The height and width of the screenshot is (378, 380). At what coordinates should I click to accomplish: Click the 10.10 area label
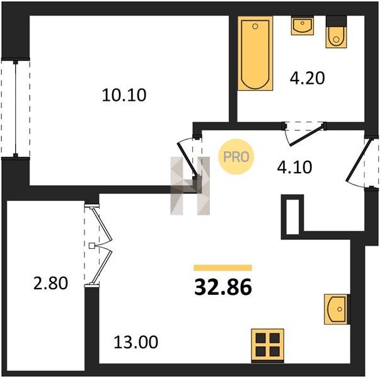pos(124,95)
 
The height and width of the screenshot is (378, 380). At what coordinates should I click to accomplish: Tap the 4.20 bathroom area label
pos(308,78)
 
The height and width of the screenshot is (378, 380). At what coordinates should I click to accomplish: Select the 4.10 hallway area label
pos(294,167)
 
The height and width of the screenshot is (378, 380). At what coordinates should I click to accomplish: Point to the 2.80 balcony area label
pos(50,283)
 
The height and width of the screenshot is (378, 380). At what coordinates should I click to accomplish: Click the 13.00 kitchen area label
pos(136,342)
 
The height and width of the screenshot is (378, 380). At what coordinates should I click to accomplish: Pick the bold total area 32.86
pos(223,287)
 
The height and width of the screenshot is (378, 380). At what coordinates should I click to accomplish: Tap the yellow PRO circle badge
pos(236,157)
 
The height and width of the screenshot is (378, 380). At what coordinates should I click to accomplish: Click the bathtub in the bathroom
pos(255,54)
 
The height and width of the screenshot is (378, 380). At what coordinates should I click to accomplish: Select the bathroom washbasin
pos(302,25)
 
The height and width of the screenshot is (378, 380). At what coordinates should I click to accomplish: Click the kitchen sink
pos(337,309)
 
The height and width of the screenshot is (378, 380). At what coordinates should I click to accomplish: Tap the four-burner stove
pos(268,345)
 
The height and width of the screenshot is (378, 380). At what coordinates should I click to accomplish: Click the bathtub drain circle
pos(255,26)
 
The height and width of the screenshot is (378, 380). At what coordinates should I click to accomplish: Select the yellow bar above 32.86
pos(223,268)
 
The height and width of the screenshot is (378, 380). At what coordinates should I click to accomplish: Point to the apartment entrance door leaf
pos(358,160)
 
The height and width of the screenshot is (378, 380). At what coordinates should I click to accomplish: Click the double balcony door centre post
pos(91,246)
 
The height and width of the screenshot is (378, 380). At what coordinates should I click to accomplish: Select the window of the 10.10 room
pos(16,108)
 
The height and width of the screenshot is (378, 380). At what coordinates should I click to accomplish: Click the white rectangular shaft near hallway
pos(292,217)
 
